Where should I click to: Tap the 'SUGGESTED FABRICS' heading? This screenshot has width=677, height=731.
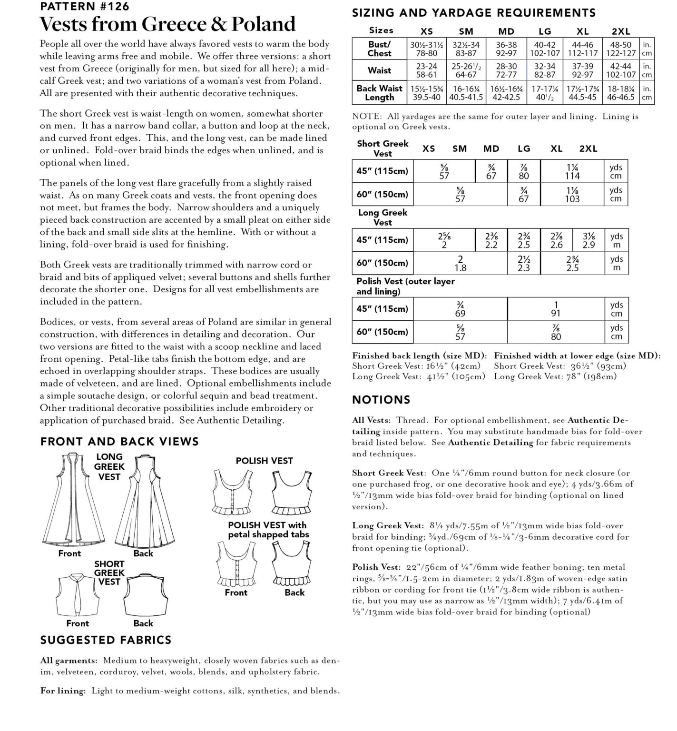point(106,640)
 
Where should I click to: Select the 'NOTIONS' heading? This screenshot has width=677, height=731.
point(381,400)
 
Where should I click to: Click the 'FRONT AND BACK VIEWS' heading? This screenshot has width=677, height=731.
point(119,442)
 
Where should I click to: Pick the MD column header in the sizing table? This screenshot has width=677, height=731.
point(506,31)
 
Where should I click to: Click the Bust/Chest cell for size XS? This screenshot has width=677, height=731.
point(427,49)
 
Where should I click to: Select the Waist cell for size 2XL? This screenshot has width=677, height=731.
point(620,70)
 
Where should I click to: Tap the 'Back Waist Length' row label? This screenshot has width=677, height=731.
point(379,93)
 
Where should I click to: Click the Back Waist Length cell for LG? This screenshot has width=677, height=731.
point(545,93)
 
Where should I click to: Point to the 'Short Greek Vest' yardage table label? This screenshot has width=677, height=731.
point(383,148)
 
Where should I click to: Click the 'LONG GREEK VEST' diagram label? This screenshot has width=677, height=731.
point(109,466)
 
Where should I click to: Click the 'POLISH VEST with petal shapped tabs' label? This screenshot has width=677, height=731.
point(268,530)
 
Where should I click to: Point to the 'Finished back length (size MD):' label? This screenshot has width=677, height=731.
point(419,356)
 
